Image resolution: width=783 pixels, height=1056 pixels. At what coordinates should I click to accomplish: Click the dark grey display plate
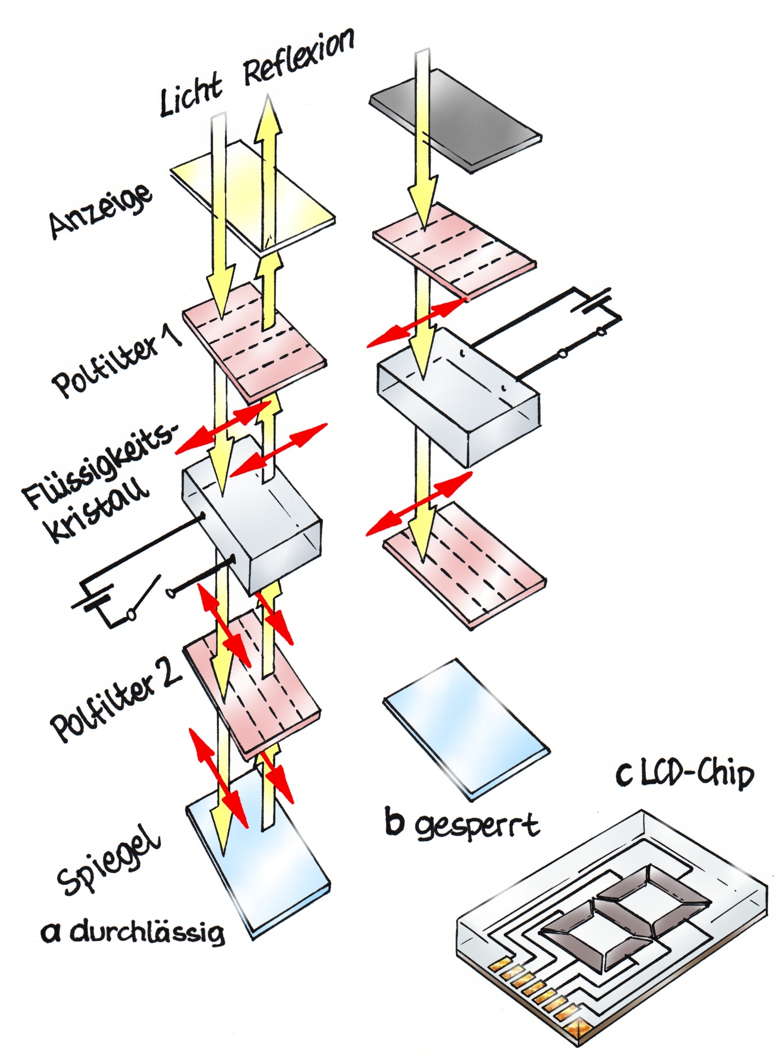point(455,121)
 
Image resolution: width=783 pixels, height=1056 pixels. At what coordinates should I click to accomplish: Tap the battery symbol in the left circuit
point(93,600)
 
